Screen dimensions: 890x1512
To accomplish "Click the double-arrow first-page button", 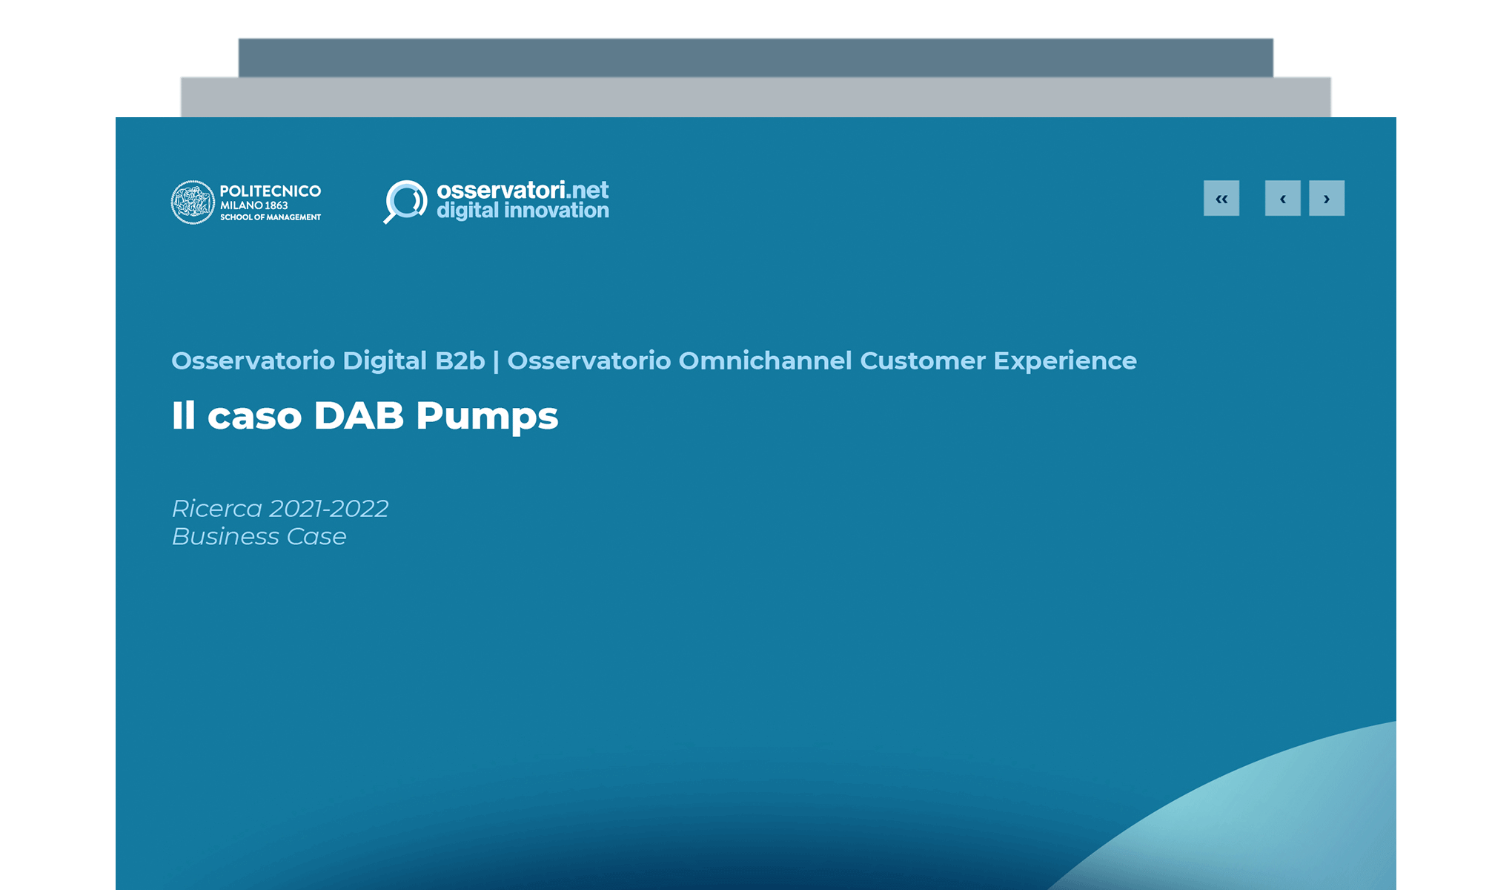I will pyautogui.click(x=1221, y=199).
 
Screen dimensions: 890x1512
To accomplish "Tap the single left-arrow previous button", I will pyautogui.click(x=1282, y=199).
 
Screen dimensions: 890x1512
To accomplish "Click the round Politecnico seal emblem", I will pyautogui.click(x=193, y=202).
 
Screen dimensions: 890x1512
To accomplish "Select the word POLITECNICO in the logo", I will pyautogui.click(x=271, y=191).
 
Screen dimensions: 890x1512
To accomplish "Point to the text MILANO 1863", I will pyautogui.click(x=253, y=205).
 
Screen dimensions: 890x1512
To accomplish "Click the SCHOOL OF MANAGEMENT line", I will pyautogui.click(x=271, y=217).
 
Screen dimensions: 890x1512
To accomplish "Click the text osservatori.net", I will pyautogui.click(x=523, y=190).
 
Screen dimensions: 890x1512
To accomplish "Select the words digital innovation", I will pyautogui.click(x=523, y=211).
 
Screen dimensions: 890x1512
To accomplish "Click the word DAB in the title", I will pyautogui.click(x=359, y=415).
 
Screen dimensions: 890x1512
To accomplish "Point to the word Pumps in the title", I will pyautogui.click(x=487, y=417).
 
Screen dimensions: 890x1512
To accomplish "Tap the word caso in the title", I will pyautogui.click(x=254, y=417).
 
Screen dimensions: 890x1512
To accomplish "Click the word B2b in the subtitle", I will pyautogui.click(x=460, y=360).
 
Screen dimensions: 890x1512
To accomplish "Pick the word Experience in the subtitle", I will pyautogui.click(x=1064, y=360).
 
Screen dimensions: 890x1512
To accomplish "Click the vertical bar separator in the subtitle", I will pyautogui.click(x=496, y=361).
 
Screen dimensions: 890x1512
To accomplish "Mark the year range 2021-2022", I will pyautogui.click(x=328, y=509).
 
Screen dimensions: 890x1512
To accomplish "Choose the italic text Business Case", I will pyautogui.click(x=259, y=536).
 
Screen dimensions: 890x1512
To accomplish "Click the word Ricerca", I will pyautogui.click(x=217, y=509).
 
